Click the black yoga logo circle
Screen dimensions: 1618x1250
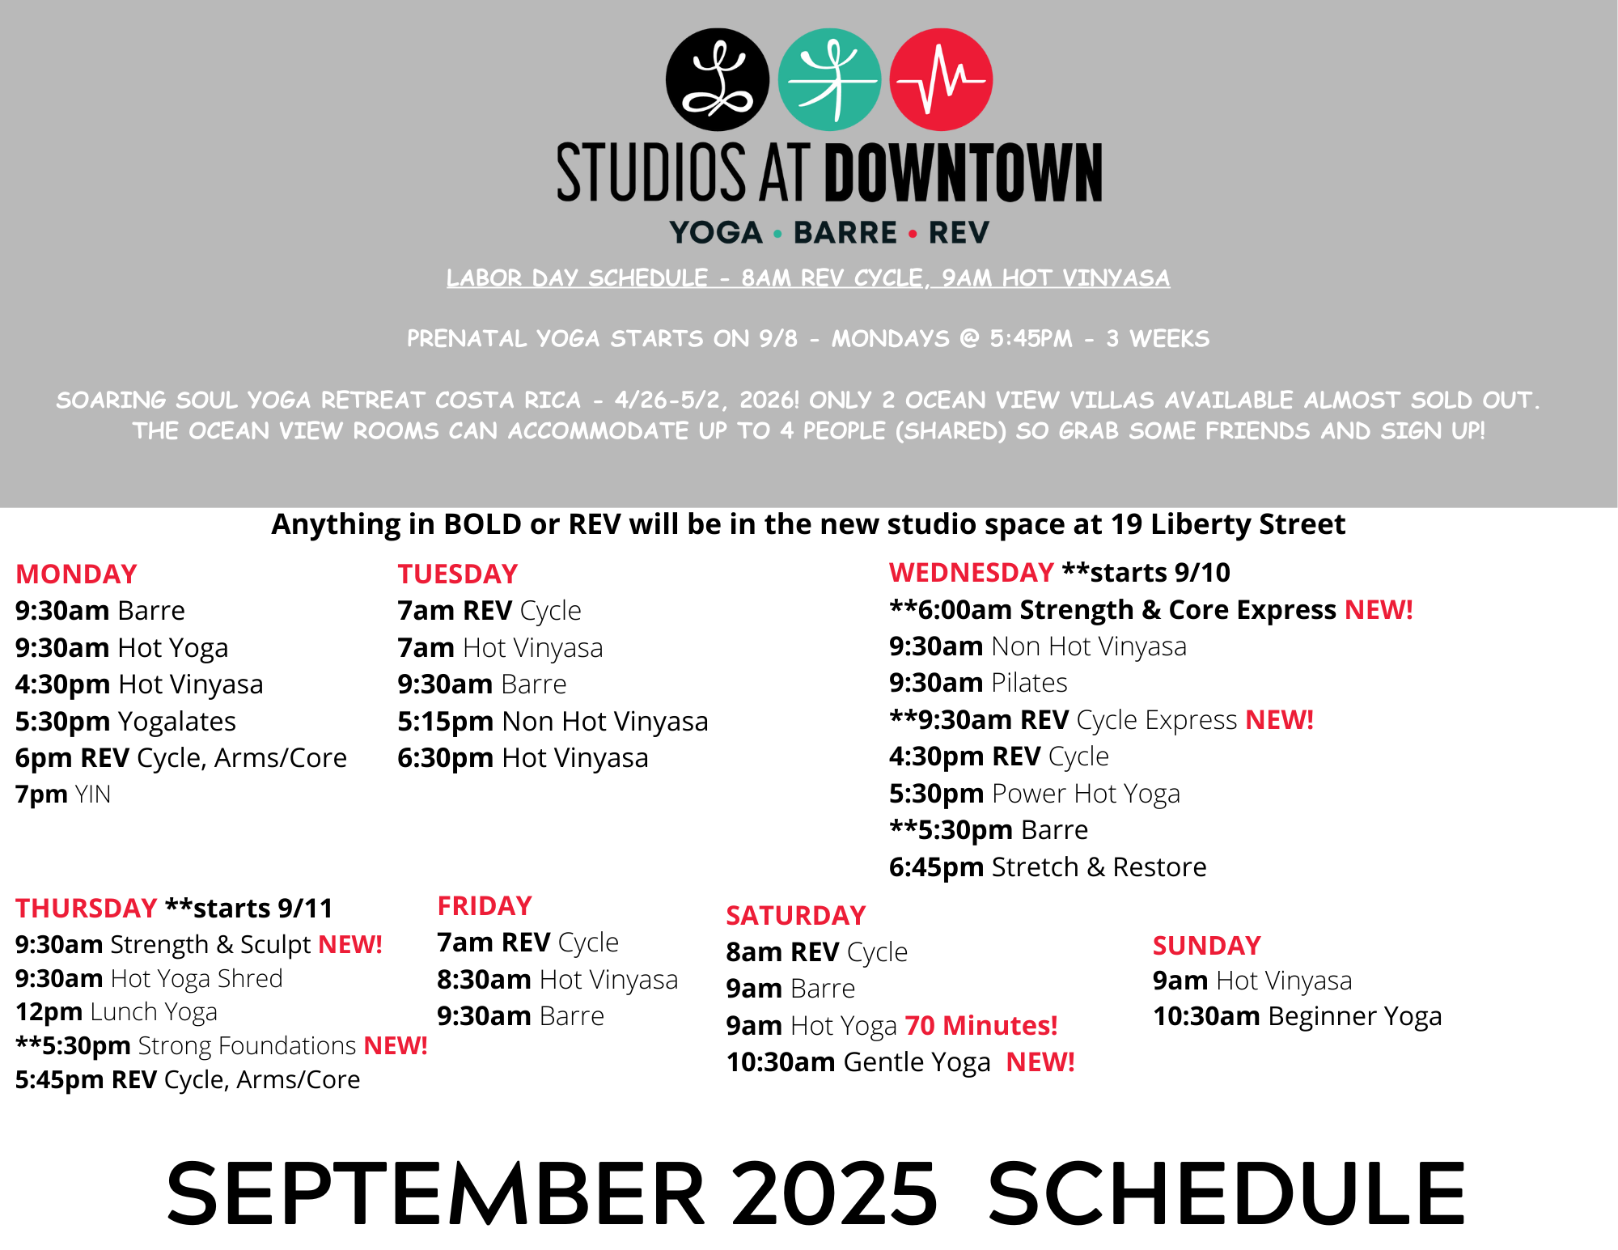(718, 79)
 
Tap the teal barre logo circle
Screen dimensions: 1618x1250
(829, 79)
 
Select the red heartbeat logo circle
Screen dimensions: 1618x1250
(941, 79)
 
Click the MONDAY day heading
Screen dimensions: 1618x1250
(77, 574)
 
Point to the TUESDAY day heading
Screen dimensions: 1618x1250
(458, 574)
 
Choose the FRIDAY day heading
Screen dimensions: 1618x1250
(485, 905)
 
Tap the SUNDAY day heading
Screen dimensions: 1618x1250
(1207, 945)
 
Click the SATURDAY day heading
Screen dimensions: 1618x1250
(796, 915)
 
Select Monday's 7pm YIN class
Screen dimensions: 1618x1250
(63, 794)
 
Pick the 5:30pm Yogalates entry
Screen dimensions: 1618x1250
(125, 721)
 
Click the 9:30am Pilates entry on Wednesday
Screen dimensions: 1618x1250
(978, 683)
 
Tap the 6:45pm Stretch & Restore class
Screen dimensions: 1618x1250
(1048, 867)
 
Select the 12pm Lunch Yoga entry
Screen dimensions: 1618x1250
(116, 1012)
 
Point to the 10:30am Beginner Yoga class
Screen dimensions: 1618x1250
(1298, 1016)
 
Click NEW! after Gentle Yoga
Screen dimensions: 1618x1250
(1040, 1061)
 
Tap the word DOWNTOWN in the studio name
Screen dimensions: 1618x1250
(964, 172)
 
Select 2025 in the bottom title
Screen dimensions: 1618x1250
(835, 1193)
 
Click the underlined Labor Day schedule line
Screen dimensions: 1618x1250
(808, 278)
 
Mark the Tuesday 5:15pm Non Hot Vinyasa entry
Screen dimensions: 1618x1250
(553, 721)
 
